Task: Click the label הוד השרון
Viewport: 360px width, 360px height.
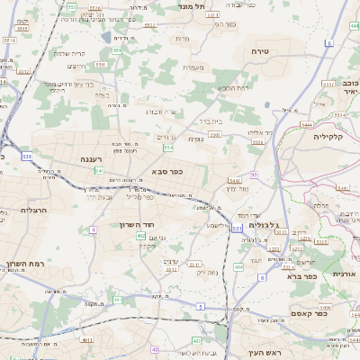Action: click(x=138, y=222)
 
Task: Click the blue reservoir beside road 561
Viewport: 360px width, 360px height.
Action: click(x=107, y=38)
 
